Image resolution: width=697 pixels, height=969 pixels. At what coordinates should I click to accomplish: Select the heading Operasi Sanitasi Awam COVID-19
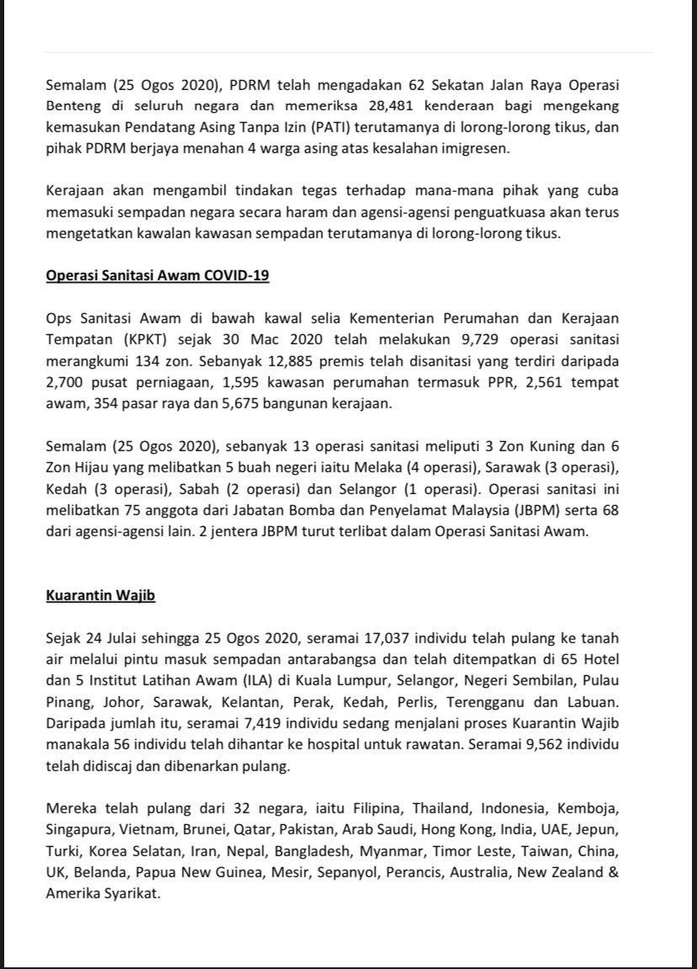[x=157, y=275]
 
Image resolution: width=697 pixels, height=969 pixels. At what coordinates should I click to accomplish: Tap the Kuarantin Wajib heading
[x=100, y=595]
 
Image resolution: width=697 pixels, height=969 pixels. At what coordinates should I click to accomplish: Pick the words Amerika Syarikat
[x=103, y=893]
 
